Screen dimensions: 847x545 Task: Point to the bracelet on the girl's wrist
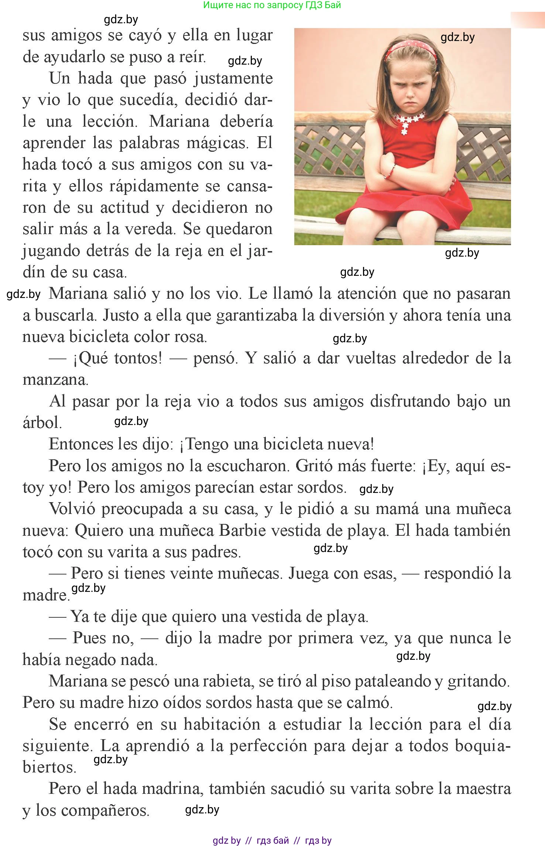[390, 172]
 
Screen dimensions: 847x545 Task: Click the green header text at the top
[272, 5]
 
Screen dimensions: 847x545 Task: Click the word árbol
[41, 423]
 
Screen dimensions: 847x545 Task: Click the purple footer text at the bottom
[272, 841]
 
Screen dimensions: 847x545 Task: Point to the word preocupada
[142, 509]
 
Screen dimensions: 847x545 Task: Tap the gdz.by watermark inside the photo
[457, 37]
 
